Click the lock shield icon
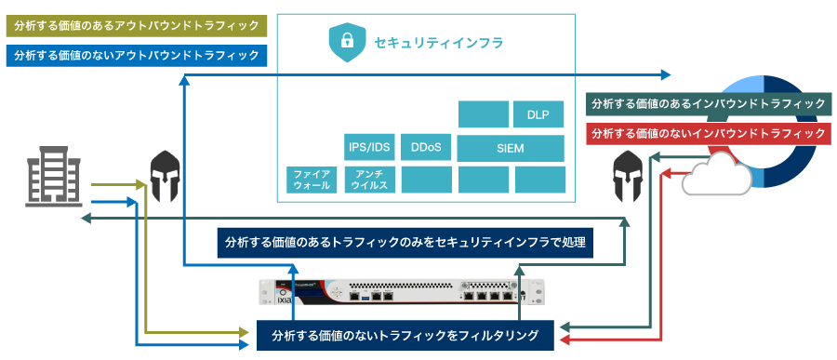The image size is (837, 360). pos(346,42)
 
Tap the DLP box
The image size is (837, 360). pos(538,115)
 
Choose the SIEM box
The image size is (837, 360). pos(511,148)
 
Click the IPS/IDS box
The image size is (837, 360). pos(369,148)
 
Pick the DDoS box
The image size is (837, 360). pos(425,148)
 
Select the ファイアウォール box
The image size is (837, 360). pos(312,180)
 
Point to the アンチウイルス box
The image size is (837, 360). pos(369,180)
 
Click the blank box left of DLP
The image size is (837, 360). pos(484,114)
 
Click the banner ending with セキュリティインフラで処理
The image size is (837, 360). pos(405,243)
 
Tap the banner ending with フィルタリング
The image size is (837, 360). pos(405,335)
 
